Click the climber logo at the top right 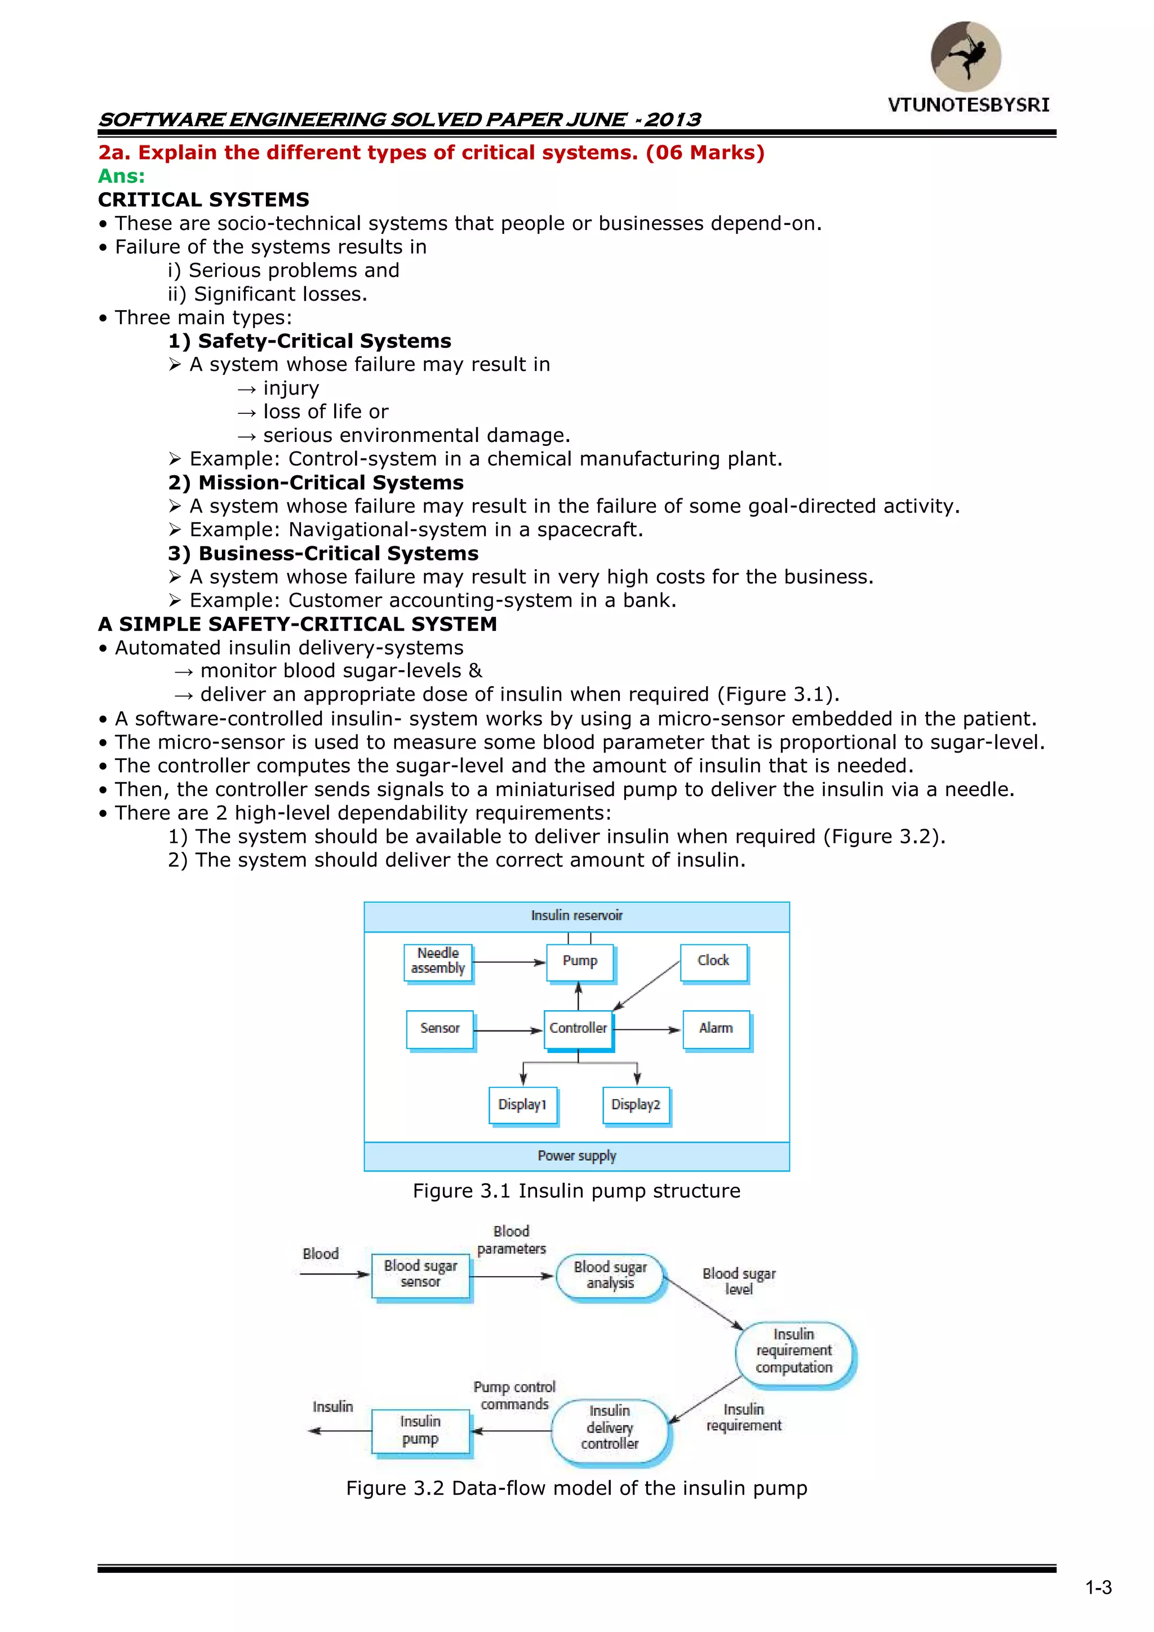[966, 56]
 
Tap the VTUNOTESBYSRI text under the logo [968, 105]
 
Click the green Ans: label [122, 176]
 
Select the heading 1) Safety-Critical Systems [310, 341]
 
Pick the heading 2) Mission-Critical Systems [316, 483]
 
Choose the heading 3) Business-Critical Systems [323, 553]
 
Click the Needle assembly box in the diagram [438, 962]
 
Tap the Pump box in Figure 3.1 [580, 962]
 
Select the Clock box [713, 962]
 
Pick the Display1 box [522, 1104]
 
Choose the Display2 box [636, 1104]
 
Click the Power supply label [576, 1156]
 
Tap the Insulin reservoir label [576, 915]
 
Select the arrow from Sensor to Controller [508, 1030]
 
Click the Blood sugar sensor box [421, 1275]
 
